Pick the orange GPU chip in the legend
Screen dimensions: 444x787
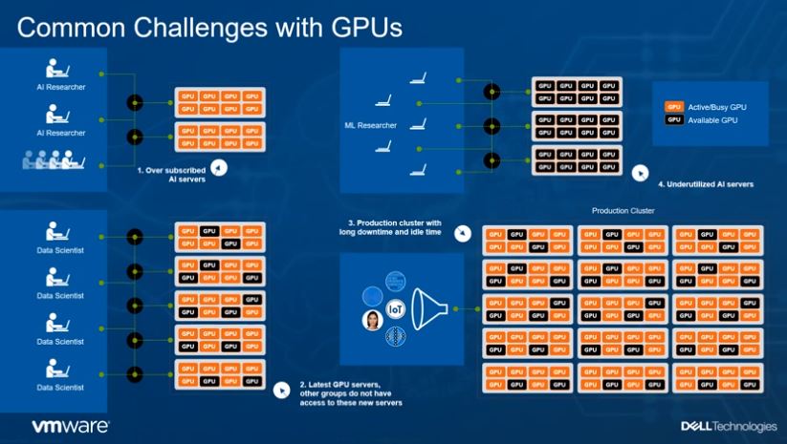pyautogui.click(x=674, y=107)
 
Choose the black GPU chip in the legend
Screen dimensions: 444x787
pyautogui.click(x=674, y=119)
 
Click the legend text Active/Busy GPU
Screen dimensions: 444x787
pyautogui.click(x=717, y=107)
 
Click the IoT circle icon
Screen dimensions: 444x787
pyautogui.click(x=394, y=309)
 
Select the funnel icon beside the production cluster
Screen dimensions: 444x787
pyautogui.click(x=436, y=308)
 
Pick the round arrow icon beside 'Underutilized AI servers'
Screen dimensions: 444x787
pyautogui.click(x=639, y=173)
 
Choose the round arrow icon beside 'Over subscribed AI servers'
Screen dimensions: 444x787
pyautogui.click(x=219, y=167)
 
